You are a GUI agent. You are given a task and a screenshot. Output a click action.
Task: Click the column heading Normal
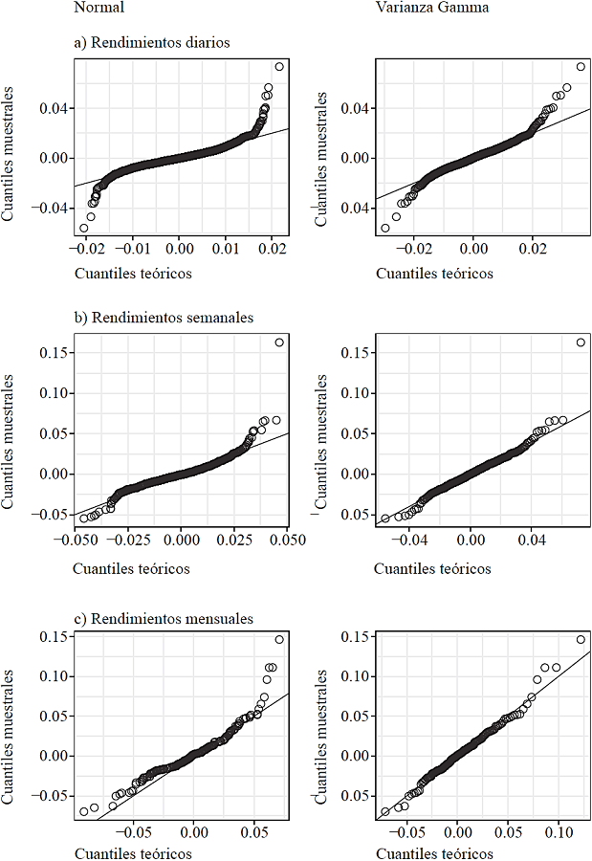pyautogui.click(x=97, y=9)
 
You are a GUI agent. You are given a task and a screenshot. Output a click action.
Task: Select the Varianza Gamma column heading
pyautogui.click(x=418, y=9)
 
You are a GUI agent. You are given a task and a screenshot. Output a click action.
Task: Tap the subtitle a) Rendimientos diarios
pyautogui.click(x=151, y=42)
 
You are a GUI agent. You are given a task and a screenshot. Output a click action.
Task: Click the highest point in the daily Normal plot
pyautogui.click(x=279, y=66)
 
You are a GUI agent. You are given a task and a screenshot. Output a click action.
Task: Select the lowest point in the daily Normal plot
pyautogui.click(x=84, y=228)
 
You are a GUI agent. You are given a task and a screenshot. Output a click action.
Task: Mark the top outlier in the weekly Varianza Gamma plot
pyautogui.click(x=581, y=342)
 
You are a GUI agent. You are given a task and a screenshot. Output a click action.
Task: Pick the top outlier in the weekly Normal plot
pyautogui.click(x=279, y=342)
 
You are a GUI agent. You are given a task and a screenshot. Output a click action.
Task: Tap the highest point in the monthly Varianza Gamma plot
pyautogui.click(x=581, y=639)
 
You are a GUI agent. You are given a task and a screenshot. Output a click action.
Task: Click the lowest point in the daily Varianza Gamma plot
pyautogui.click(x=385, y=228)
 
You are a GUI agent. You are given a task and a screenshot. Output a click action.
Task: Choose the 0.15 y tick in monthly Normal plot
pyautogui.click(x=55, y=635)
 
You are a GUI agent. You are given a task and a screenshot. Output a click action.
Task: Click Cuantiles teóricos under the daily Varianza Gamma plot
pyautogui.click(x=434, y=274)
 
